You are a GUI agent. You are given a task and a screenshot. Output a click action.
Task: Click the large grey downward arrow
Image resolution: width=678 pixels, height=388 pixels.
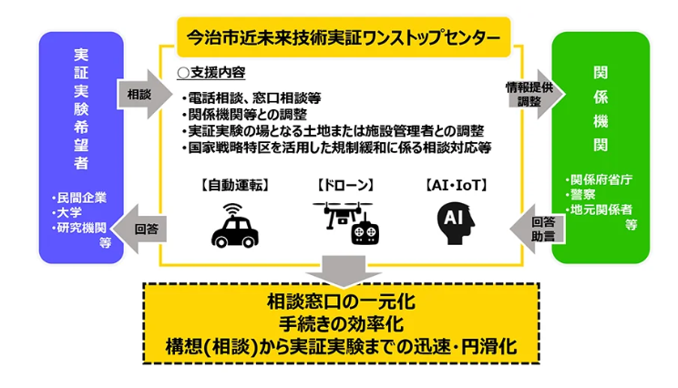341,270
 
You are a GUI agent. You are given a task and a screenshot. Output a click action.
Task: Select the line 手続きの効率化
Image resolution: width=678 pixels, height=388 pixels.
341,323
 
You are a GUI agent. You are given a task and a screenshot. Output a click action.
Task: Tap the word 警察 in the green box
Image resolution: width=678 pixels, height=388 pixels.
584,194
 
